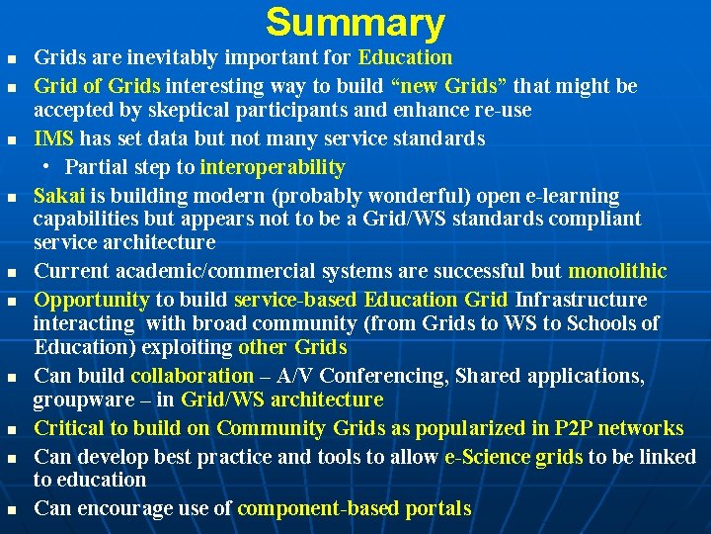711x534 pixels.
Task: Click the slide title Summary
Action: click(x=355, y=23)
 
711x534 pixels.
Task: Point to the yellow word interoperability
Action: click(x=273, y=167)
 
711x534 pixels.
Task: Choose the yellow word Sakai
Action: click(x=57, y=196)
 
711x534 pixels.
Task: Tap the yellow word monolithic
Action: click(x=618, y=271)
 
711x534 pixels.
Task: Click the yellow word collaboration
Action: click(x=192, y=376)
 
